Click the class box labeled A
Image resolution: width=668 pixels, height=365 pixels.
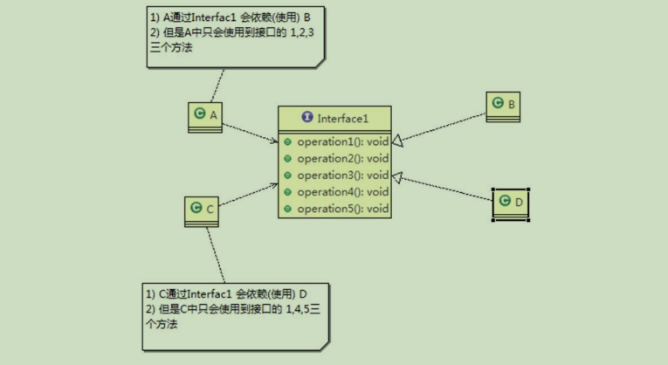tap(205, 117)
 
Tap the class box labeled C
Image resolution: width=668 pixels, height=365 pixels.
tap(202, 210)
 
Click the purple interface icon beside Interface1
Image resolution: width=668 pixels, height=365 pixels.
tap(306, 118)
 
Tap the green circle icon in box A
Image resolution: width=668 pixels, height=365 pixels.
tap(199, 114)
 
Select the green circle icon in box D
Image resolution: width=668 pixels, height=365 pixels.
tap(503, 202)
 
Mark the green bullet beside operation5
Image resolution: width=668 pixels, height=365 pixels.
tap(287, 209)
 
